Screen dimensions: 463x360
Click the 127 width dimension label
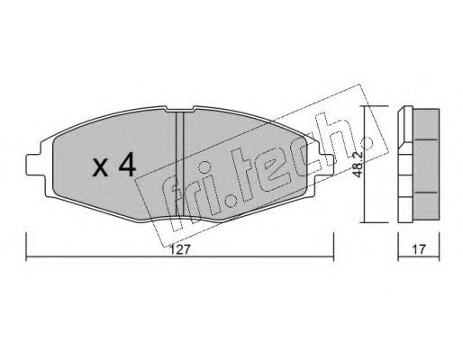click(x=181, y=249)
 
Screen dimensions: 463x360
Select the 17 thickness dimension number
click(x=419, y=249)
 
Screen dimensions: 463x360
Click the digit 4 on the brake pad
click(x=127, y=166)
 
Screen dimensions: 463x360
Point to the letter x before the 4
click(x=100, y=168)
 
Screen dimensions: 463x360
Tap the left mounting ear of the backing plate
click(x=33, y=165)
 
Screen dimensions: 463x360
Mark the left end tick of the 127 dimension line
click(x=26, y=247)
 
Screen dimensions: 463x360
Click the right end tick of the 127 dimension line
click(x=333, y=247)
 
